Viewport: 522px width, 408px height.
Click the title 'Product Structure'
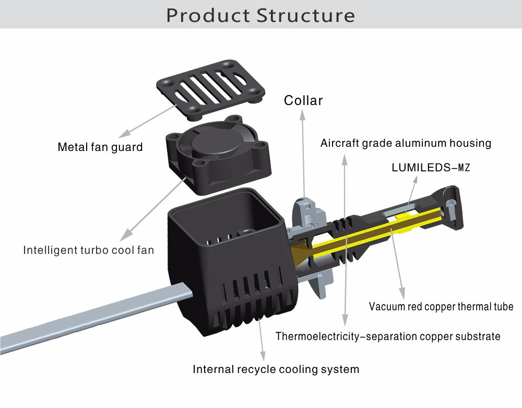coord(260,15)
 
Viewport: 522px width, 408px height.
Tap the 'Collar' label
coord(303,100)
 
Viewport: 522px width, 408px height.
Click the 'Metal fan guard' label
coord(100,147)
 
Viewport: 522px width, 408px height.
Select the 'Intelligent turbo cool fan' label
coord(88,250)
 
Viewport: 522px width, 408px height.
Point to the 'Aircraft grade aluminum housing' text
coord(406,143)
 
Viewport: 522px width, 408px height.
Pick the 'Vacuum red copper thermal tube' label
coord(441,307)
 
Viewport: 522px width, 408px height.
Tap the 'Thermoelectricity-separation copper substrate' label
coord(388,336)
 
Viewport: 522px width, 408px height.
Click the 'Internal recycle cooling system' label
coord(276,369)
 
